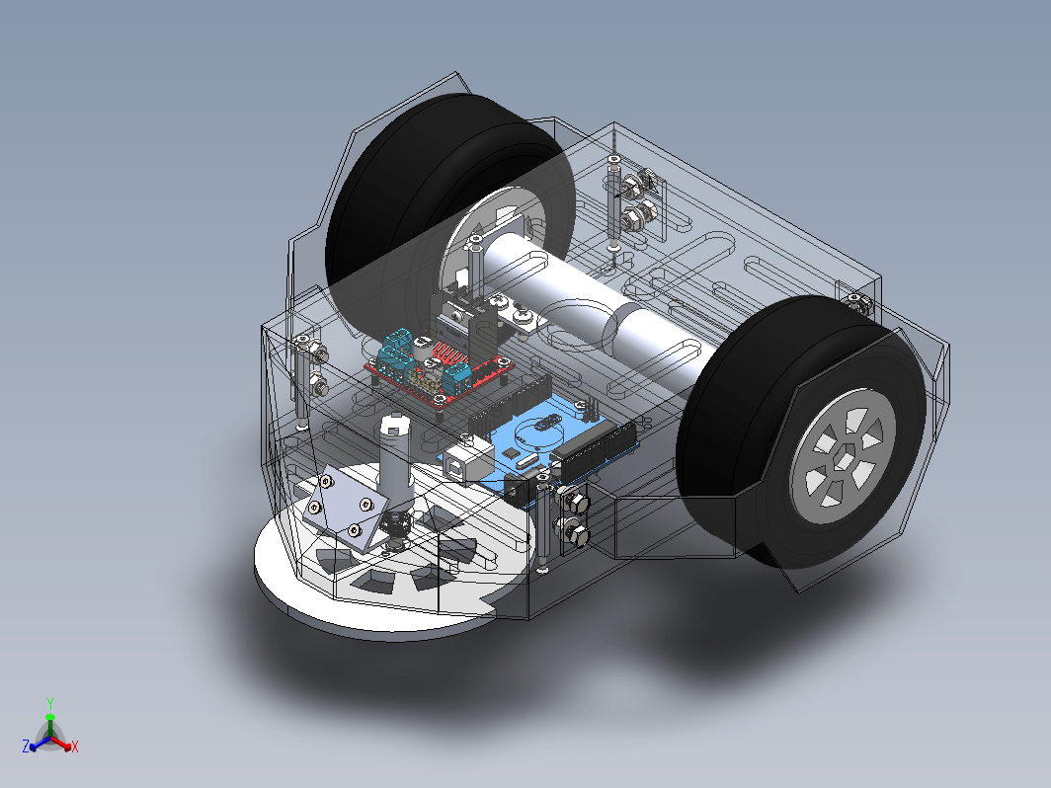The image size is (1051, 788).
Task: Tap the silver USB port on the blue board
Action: tap(472, 457)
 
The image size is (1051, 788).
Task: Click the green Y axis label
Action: tap(50, 703)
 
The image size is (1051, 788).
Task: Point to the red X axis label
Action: tap(74, 747)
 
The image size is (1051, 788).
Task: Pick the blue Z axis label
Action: tap(26, 747)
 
